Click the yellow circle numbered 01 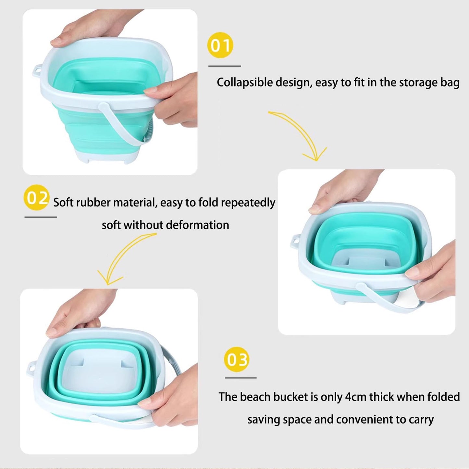tap(220, 45)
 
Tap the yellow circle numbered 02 tap(36, 197)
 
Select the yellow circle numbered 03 tap(237, 359)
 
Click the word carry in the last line tap(421, 420)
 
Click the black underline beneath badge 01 tap(224, 66)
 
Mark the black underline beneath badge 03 tap(241, 378)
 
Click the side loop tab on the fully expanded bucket tap(37, 70)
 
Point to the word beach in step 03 tap(255, 397)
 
